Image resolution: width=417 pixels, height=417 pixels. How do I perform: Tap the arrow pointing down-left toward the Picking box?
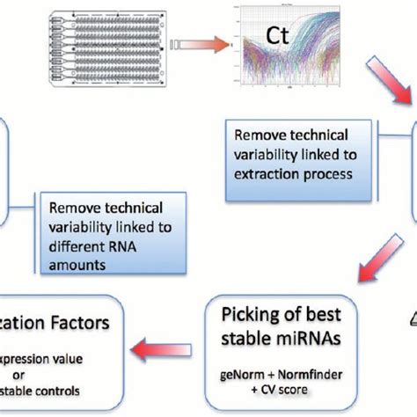[x=359, y=264]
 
